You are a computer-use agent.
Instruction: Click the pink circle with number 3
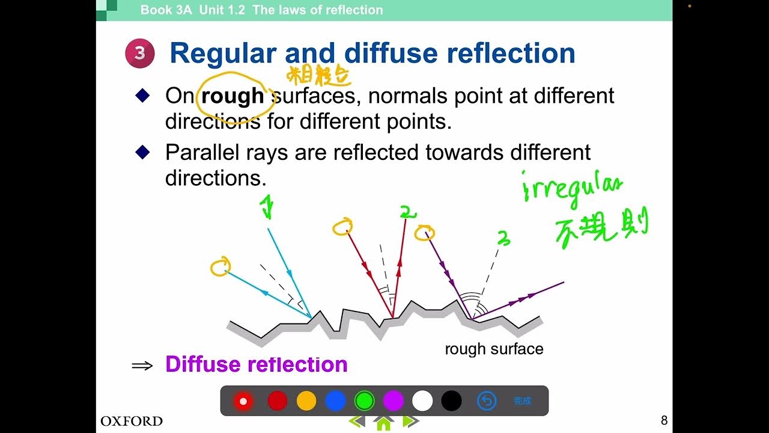point(140,54)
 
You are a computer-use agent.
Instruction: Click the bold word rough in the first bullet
point(233,96)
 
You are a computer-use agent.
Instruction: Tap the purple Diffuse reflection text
point(256,364)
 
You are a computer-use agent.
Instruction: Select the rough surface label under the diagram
point(494,349)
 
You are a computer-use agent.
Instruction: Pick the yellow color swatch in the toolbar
point(306,401)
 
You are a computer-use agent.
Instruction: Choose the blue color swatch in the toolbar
point(335,401)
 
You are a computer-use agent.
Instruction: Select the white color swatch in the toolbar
point(422,401)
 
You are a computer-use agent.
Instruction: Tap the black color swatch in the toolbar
point(451,401)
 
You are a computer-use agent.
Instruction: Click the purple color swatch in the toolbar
point(394,401)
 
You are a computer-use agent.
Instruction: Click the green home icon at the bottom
point(383,423)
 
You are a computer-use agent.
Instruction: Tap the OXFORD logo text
point(131,421)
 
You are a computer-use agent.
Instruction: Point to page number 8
point(664,420)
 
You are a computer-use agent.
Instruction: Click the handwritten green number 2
point(407,212)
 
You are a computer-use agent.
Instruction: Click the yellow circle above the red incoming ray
point(342,227)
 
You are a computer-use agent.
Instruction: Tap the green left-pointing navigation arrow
point(357,422)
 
